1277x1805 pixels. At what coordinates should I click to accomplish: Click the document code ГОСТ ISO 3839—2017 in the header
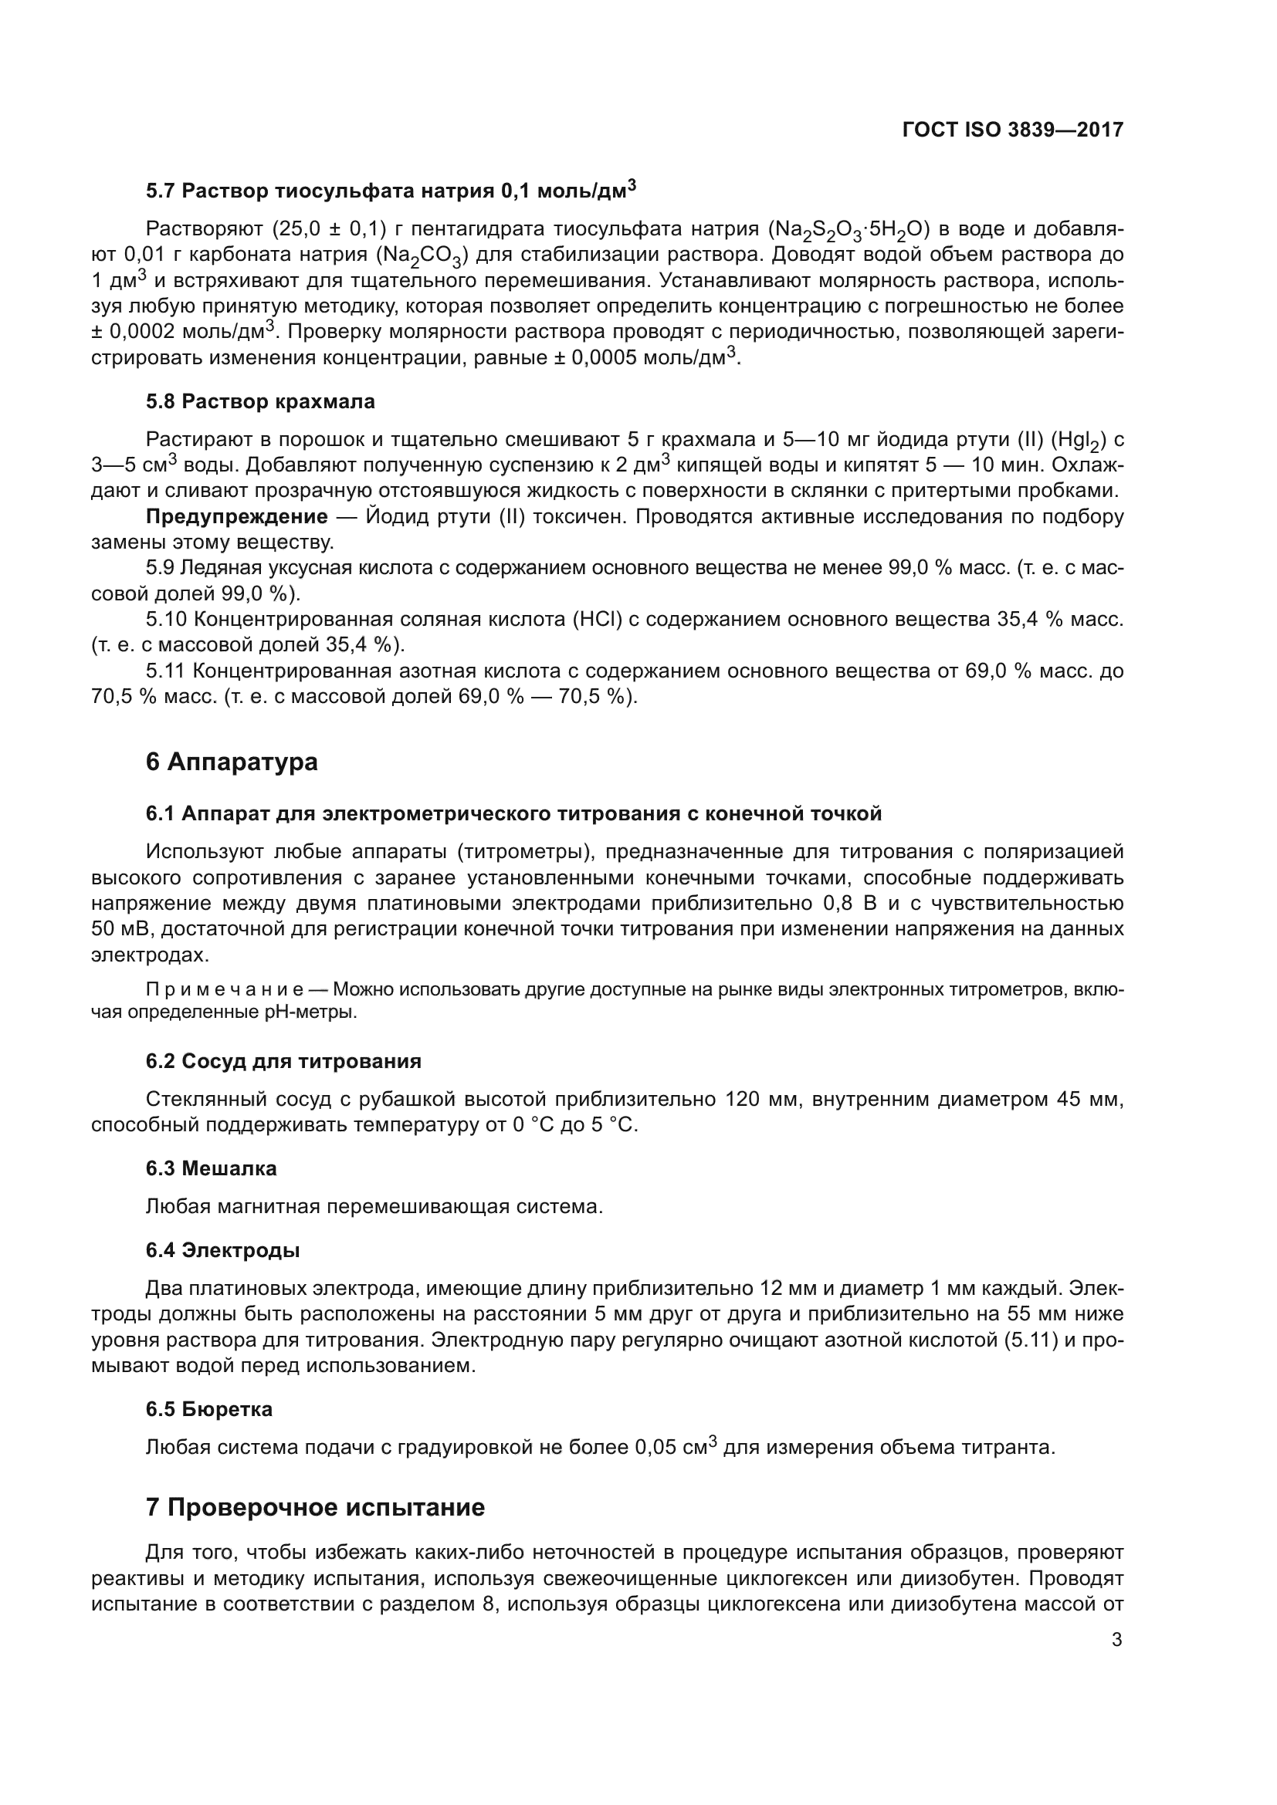(1013, 130)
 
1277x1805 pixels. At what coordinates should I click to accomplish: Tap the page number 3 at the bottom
(1116, 1640)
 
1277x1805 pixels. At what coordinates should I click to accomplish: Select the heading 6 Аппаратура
(231, 762)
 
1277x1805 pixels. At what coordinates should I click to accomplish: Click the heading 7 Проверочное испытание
(314, 1507)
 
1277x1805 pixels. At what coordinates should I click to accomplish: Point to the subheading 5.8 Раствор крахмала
(260, 402)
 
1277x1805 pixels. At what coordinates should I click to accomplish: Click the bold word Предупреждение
(237, 516)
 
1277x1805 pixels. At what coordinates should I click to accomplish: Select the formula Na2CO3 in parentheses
(425, 255)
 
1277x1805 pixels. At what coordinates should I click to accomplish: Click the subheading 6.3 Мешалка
(211, 1168)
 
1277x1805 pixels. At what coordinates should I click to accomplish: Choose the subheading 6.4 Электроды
(222, 1250)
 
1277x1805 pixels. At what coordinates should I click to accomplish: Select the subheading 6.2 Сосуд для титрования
(283, 1061)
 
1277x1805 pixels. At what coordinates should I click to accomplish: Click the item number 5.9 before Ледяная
(161, 568)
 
